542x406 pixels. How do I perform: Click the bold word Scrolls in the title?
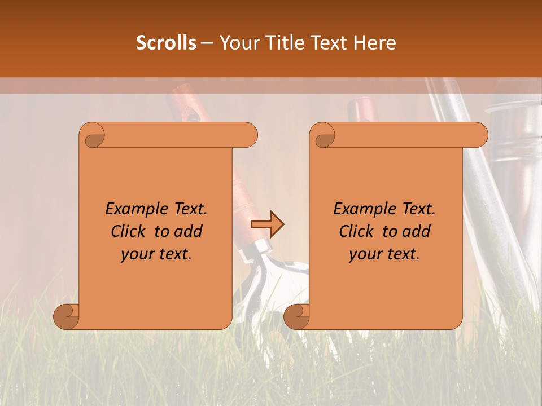[x=166, y=43]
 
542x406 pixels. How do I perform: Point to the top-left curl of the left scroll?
[x=94, y=136]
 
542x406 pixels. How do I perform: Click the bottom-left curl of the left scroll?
[x=67, y=316]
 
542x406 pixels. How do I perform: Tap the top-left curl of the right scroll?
[x=325, y=136]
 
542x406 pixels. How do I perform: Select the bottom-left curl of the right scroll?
[x=296, y=316]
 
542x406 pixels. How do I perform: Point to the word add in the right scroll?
[x=417, y=231]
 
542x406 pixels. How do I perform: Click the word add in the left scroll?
[x=189, y=231]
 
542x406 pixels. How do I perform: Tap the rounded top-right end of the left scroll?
[x=248, y=135]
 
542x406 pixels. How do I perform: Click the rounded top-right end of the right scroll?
[x=479, y=135]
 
